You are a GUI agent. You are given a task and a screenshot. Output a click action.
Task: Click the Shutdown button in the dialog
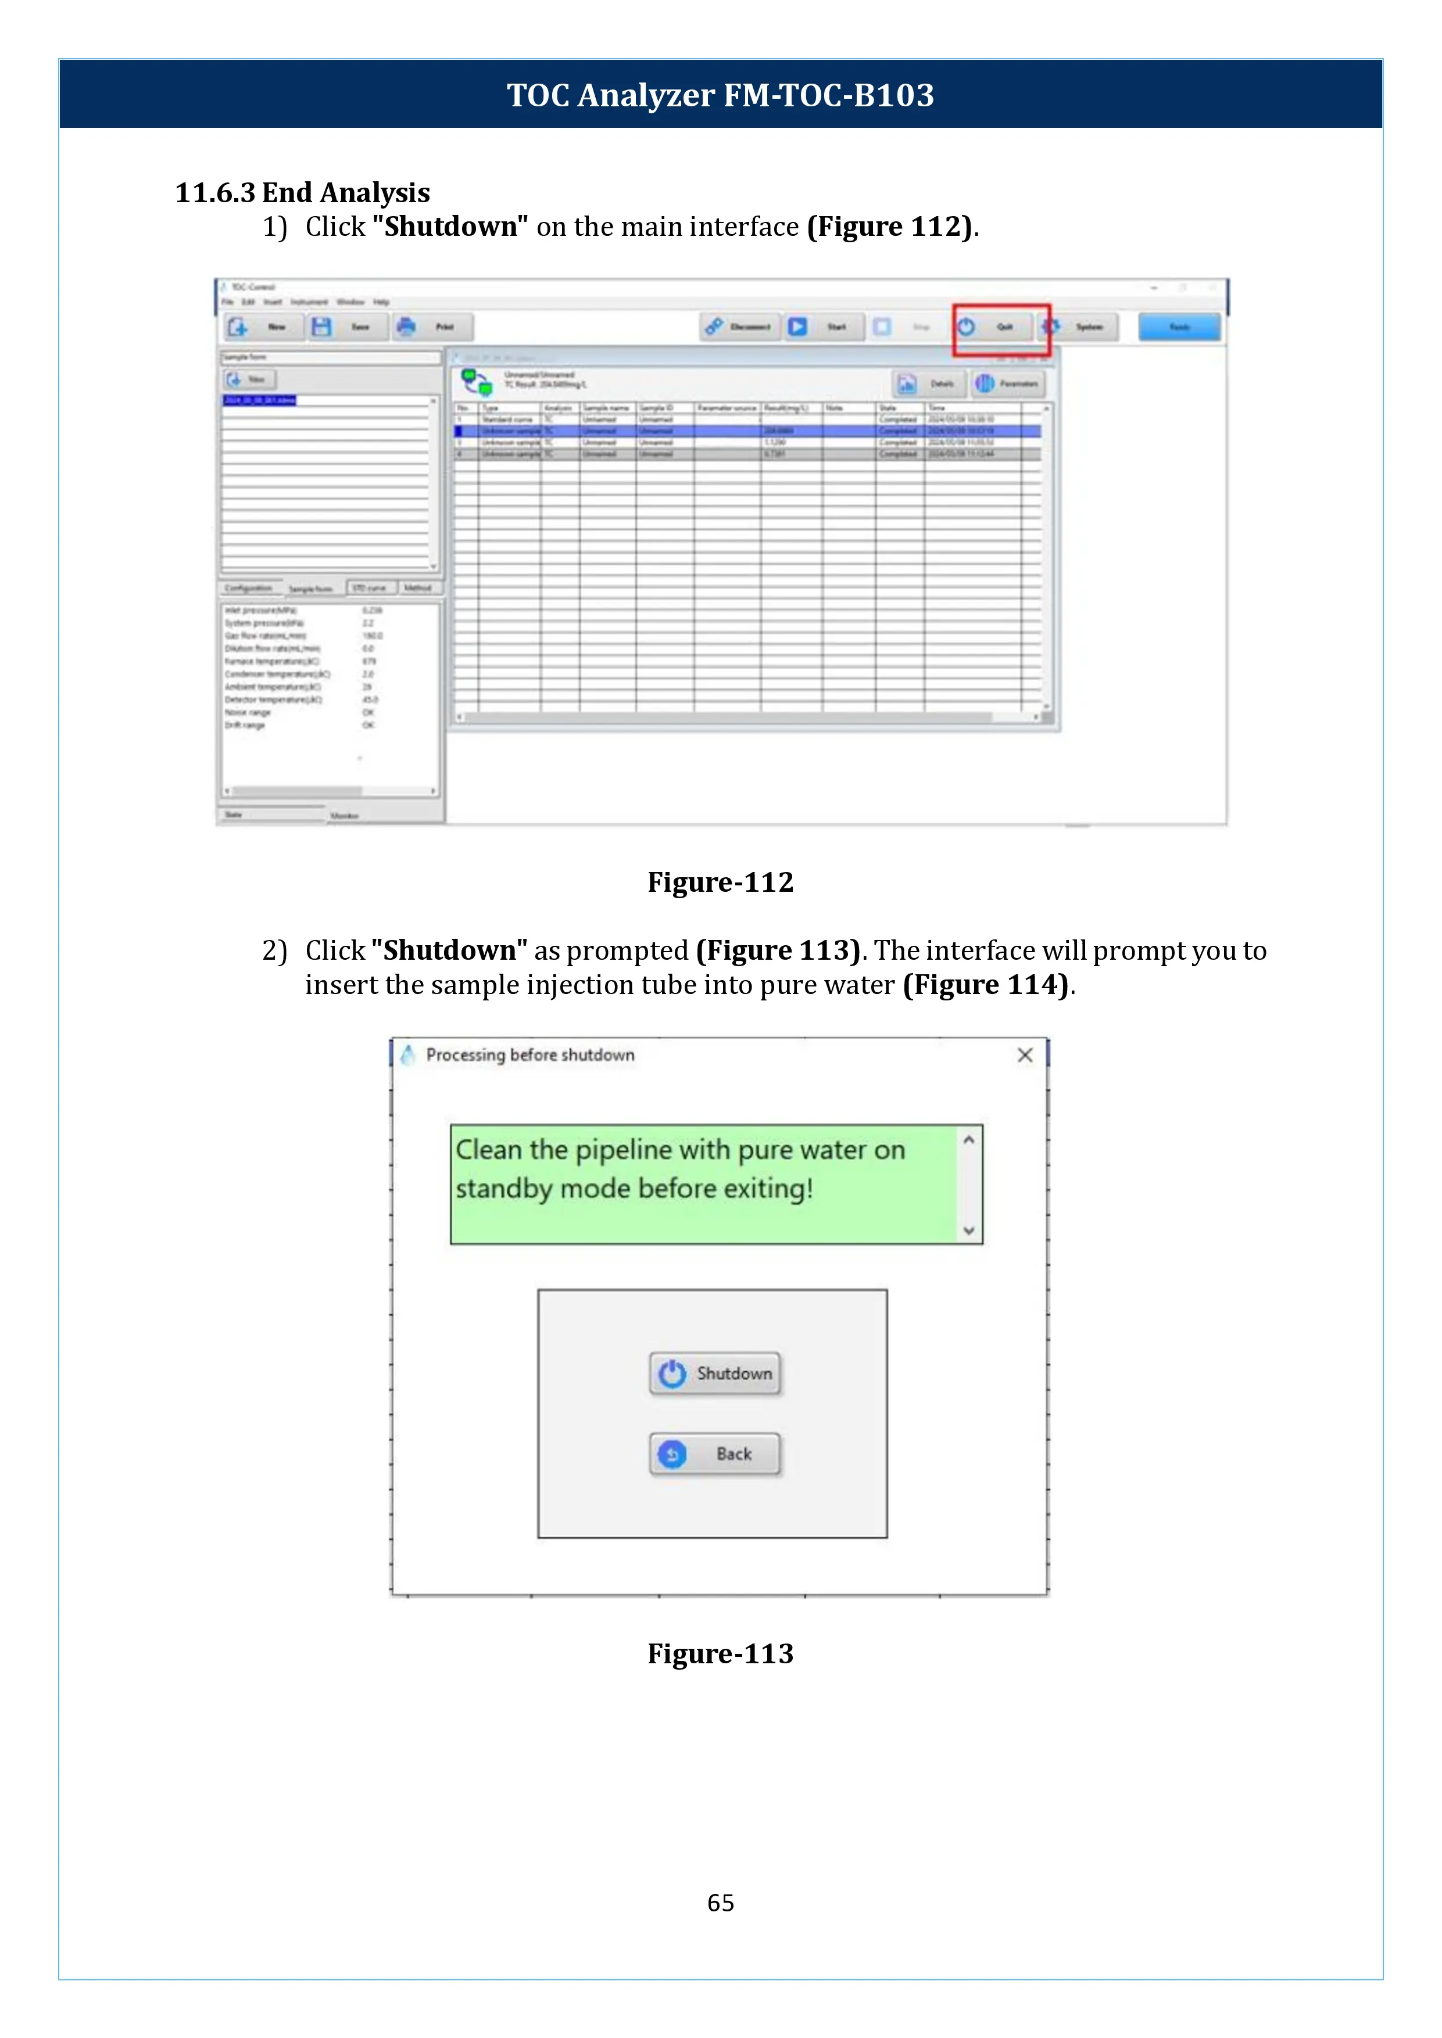click(715, 1373)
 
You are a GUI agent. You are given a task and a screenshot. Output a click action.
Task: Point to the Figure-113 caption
click(720, 1653)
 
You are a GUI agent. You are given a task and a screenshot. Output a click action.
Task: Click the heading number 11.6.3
click(215, 193)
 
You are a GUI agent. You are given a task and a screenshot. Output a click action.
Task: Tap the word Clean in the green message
click(488, 1150)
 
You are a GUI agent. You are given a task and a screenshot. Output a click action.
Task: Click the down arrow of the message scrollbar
click(969, 1230)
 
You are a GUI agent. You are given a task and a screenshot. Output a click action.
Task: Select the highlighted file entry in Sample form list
click(259, 400)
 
